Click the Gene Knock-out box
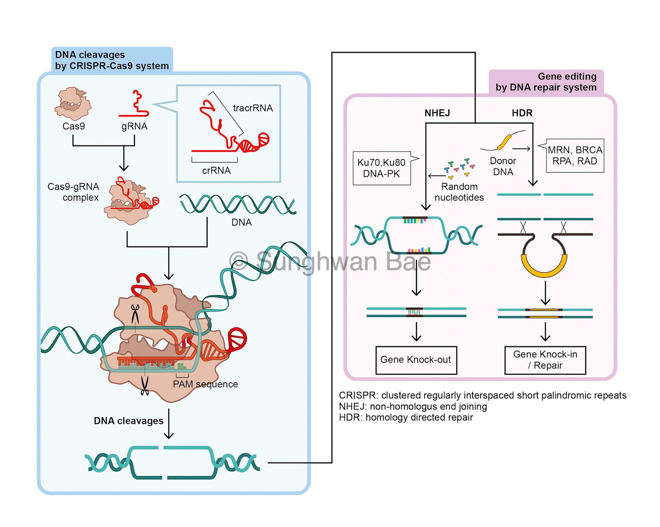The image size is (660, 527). pos(416,360)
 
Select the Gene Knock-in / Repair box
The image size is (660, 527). pos(545,360)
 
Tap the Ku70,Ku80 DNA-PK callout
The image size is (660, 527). pos(382,168)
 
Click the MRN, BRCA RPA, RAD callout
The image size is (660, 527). pos(575,155)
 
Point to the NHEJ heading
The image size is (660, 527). pos(437,113)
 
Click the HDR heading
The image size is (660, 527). pos(522,113)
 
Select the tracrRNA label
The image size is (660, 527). pos(253,108)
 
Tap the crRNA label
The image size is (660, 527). pos(216,171)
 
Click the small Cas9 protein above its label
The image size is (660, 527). pos(73,103)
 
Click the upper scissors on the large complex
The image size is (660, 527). pos(135,313)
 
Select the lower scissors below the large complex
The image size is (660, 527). pos(145,386)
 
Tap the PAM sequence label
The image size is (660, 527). pos(205,384)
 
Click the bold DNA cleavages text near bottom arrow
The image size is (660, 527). pos(129,421)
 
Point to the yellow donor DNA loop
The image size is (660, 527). pos(544,267)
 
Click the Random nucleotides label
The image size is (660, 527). pos(459,192)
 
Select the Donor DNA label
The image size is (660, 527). pos(503,166)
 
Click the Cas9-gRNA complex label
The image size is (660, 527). pos(73,192)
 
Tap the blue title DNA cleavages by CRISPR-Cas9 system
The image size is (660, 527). pos(112,60)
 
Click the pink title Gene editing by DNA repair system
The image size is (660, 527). pos(546,82)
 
